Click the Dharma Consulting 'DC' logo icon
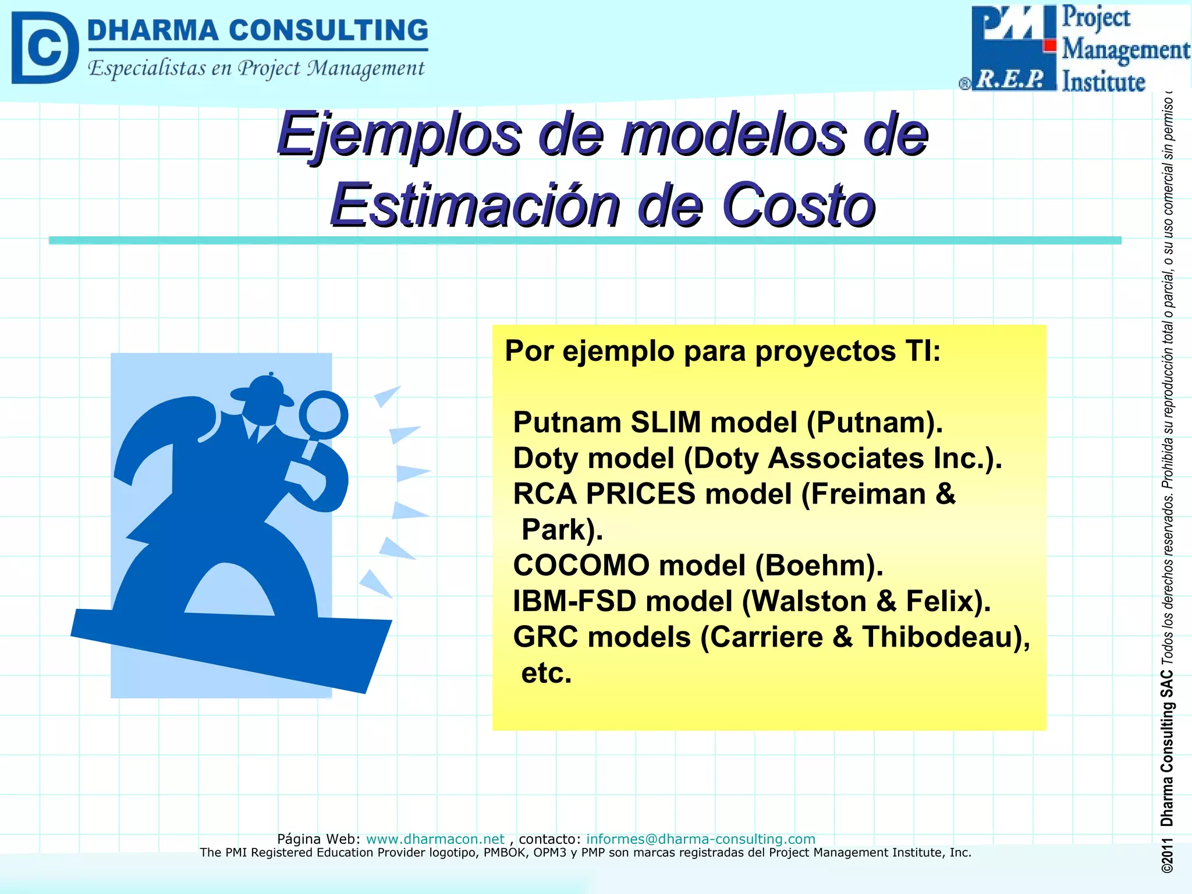point(44,48)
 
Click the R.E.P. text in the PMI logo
point(1010,80)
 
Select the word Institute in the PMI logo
point(1104,81)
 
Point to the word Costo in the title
point(799,205)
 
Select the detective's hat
point(262,391)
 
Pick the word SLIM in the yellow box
point(666,422)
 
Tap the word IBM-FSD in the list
point(574,601)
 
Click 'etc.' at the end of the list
point(547,673)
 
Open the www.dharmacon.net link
point(435,839)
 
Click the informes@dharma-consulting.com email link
point(700,839)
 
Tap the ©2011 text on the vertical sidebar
point(1167,856)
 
